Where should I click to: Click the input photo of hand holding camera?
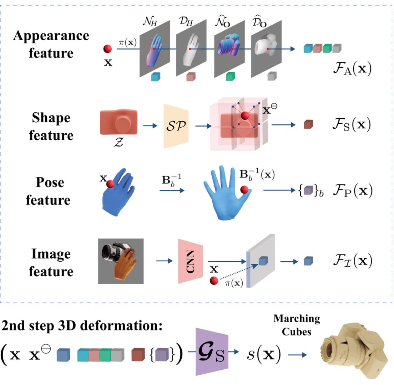pos(121,261)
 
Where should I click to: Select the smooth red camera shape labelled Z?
pos(118,122)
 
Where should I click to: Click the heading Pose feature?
pos(53,191)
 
